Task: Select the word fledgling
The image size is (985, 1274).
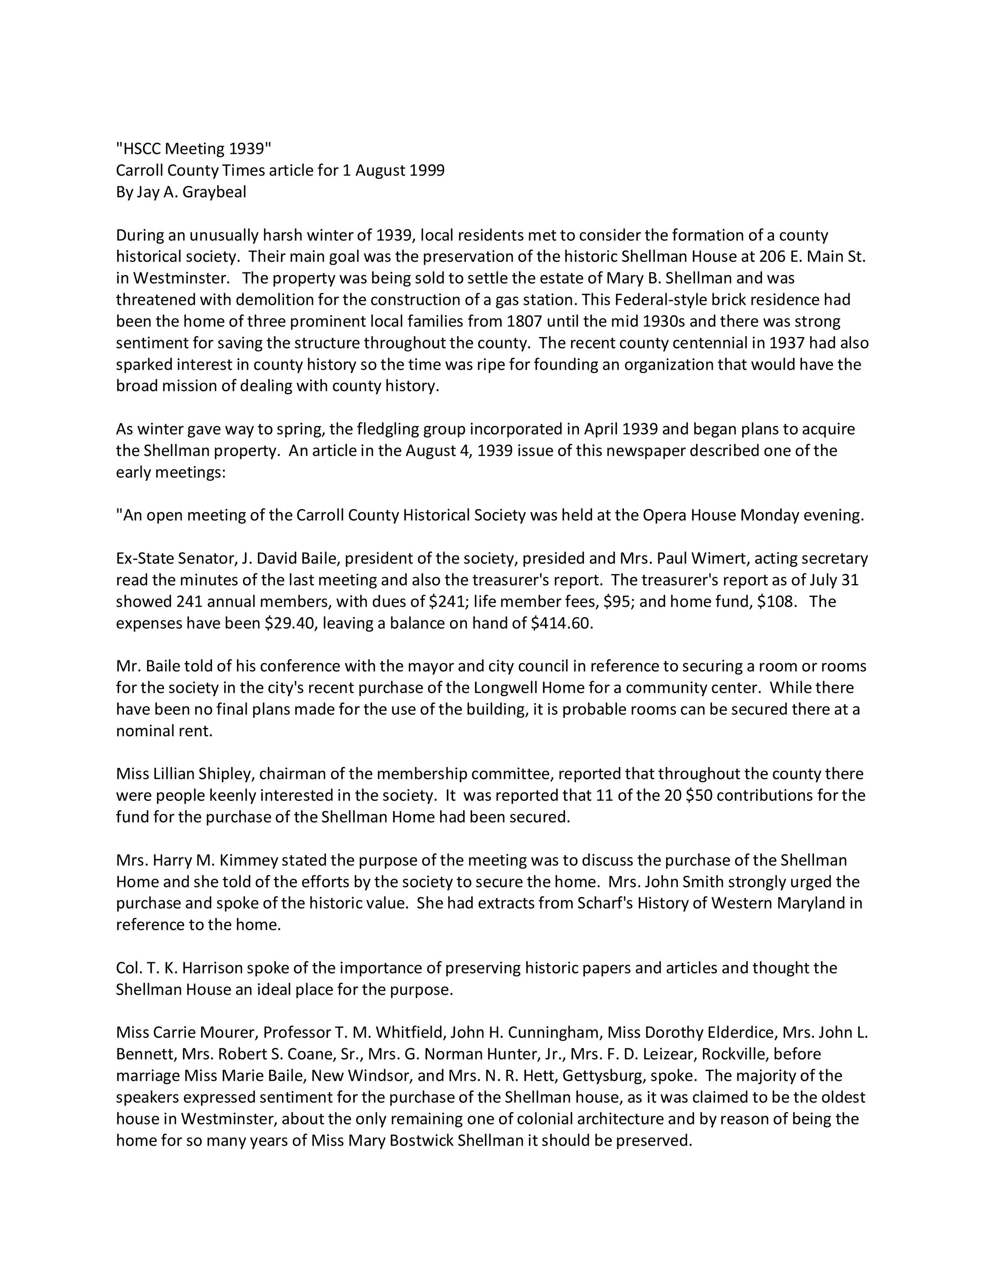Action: pyautogui.click(x=380, y=429)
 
